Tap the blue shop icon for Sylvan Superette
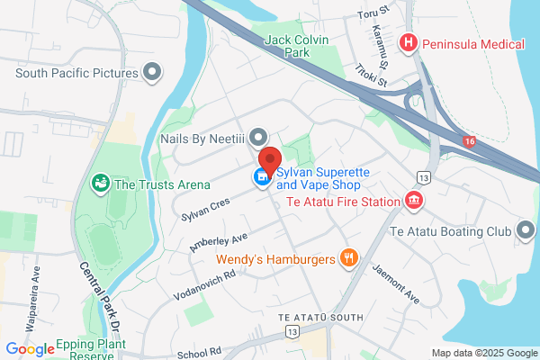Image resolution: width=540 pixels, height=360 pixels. pos(262,176)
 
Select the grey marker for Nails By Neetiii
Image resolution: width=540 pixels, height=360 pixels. pos(259,137)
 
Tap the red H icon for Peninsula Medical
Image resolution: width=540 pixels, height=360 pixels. pos(409,42)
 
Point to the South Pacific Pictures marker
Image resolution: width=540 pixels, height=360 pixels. pos(153,71)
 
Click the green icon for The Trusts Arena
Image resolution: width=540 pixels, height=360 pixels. pos(101,184)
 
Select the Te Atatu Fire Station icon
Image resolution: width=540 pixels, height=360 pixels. pos(414,201)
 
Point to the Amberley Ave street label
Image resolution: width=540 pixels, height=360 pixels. pos(220,239)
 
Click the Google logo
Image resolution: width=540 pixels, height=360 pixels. pos(30,348)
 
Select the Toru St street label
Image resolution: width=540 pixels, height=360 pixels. pos(369,15)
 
